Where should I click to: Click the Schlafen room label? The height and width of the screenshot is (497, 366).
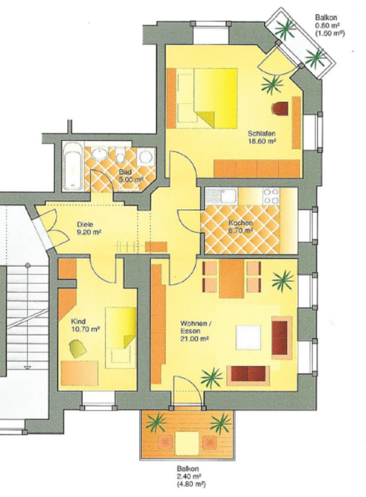pyautogui.click(x=261, y=133)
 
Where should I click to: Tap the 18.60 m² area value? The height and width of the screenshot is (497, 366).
pyautogui.click(x=261, y=140)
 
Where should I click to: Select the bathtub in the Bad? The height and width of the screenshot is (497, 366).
pyautogui.click(x=73, y=166)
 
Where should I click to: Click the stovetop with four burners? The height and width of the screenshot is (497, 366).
pyautogui.click(x=271, y=196)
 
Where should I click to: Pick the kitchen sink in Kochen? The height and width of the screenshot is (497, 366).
pyautogui.click(x=229, y=196)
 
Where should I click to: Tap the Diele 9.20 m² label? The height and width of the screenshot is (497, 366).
pyautogui.click(x=89, y=228)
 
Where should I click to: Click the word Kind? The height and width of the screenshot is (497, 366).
pyautogui.click(x=78, y=321)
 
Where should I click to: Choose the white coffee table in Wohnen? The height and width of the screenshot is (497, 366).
pyautogui.click(x=248, y=337)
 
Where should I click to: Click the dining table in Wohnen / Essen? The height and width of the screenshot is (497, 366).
pyautogui.click(x=231, y=279)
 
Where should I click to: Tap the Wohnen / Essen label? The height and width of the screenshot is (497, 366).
pyautogui.click(x=195, y=327)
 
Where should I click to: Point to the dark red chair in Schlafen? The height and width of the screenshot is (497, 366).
pyautogui.click(x=280, y=109)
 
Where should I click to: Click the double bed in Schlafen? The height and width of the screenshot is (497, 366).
pyautogui.click(x=207, y=98)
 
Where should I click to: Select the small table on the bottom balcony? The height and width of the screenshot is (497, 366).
pyautogui.click(x=187, y=443)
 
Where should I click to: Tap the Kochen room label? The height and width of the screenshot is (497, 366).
pyautogui.click(x=241, y=223)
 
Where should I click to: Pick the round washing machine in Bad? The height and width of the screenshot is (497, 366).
pyautogui.click(x=146, y=157)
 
